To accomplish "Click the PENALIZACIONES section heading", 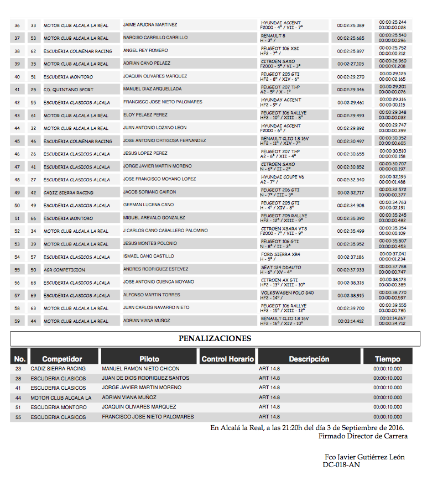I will point(215,338).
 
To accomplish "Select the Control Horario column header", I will point(227,359).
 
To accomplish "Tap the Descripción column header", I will point(309,359).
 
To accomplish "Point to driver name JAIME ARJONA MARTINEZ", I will point(150,25).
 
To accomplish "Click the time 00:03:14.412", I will point(351,321).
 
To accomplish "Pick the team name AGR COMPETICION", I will point(65,270).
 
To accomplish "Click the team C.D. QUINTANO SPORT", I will point(69,90).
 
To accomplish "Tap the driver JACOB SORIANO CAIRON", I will point(149,192).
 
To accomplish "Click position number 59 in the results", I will point(17,321).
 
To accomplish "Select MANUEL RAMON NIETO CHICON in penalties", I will point(140,369).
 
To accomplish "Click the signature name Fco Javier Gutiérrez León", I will point(364,457).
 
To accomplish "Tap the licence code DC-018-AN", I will point(341,465).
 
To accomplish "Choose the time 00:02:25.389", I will point(351,25).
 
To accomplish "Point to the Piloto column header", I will point(149,359).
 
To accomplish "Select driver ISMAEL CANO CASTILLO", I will point(148,257).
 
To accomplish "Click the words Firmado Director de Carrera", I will point(363,436).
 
